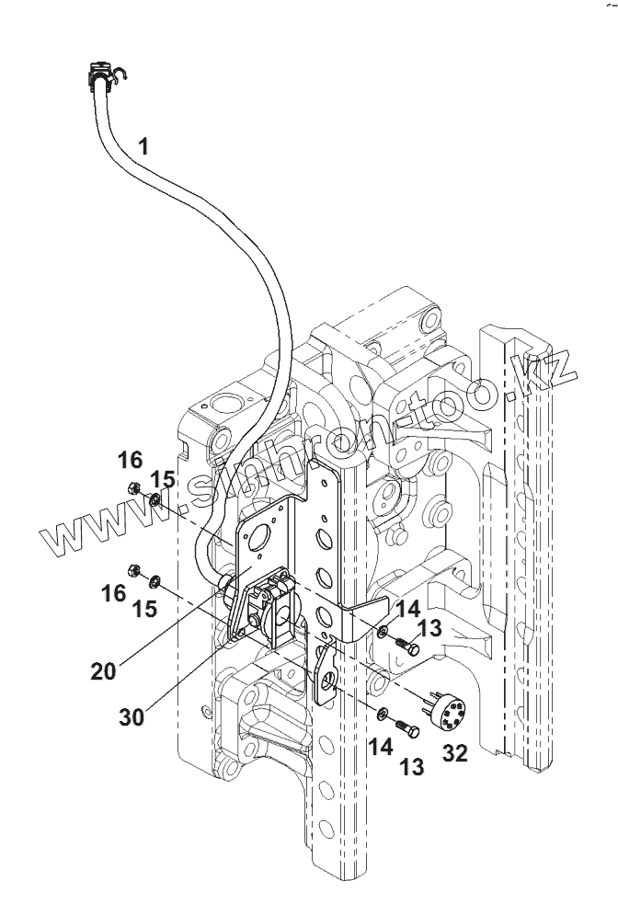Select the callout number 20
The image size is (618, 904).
coord(103,670)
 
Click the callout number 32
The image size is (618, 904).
coord(455,752)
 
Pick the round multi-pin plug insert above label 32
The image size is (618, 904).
coord(447,710)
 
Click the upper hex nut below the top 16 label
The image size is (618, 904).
coord(133,487)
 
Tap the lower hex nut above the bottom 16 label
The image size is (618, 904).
coord(132,571)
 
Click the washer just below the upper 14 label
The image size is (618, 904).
coord(383,633)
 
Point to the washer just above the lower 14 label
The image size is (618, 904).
coord(382,715)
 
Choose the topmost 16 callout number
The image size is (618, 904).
coord(130,460)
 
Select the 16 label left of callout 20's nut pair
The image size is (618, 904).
coord(113,593)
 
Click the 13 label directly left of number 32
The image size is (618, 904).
coord(412,767)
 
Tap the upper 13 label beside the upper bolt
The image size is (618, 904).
coord(429,628)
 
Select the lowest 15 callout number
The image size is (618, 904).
coord(144,608)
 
